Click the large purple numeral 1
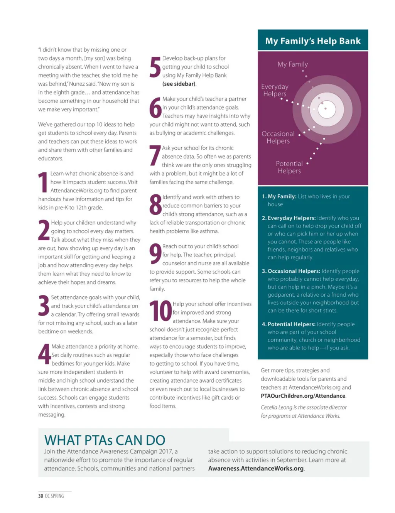pos(43,182)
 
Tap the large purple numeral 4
pos(44,354)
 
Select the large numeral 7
pos(155,156)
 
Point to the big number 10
pos(160,311)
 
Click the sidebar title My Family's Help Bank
pos(313,41)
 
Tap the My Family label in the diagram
pos(292,64)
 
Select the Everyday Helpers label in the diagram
pos(275,90)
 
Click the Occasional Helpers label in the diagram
pos(278,137)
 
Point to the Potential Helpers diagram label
pos(289,167)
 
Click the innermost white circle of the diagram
pos(326,109)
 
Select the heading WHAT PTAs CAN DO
pos(105,440)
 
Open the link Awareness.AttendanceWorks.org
pos(256,468)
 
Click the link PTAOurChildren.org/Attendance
pos(303,396)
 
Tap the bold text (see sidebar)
pos(179,84)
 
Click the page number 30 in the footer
pos(41,496)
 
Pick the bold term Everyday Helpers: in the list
pos(292,218)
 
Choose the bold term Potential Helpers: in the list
pos(292,324)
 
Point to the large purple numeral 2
pos(44,230)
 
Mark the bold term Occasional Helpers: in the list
pos(294,271)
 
